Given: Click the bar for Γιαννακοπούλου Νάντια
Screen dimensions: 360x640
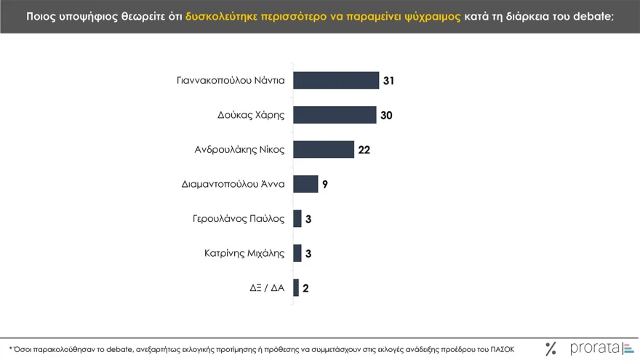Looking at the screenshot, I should (336, 80).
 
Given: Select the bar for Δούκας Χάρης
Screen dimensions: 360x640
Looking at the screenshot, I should (335, 115).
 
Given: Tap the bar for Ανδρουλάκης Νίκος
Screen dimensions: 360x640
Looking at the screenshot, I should (324, 149).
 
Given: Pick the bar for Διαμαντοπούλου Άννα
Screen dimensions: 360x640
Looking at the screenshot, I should (305, 184).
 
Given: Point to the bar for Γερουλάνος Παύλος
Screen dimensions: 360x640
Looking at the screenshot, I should (297, 218).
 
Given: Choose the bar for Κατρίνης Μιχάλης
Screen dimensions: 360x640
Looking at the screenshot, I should (297, 253).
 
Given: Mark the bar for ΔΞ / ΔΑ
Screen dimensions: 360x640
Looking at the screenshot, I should (296, 287).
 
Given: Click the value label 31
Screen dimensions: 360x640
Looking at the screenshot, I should (388, 81).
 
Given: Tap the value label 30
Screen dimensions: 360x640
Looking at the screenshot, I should (386, 116).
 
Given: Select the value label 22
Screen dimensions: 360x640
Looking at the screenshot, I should (364, 150).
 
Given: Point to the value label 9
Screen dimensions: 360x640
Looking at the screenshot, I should (325, 185).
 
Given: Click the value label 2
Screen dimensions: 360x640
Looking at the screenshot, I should (305, 288).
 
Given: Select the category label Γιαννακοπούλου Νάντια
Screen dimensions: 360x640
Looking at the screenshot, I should (231, 81).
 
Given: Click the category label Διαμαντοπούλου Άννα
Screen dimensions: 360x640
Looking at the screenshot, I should (233, 184).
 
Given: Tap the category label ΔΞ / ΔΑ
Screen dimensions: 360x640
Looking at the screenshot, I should (267, 288).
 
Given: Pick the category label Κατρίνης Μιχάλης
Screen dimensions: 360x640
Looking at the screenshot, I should (244, 253).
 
